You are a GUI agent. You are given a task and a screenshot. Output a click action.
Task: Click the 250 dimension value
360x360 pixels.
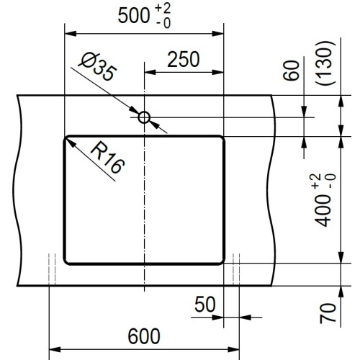pos(184,60)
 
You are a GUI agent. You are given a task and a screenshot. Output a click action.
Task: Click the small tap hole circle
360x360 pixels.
pos(144,117)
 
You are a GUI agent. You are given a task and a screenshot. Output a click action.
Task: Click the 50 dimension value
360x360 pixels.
pos(204,305)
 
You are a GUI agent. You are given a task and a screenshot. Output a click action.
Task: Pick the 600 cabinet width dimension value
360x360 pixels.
pos(144,336)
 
